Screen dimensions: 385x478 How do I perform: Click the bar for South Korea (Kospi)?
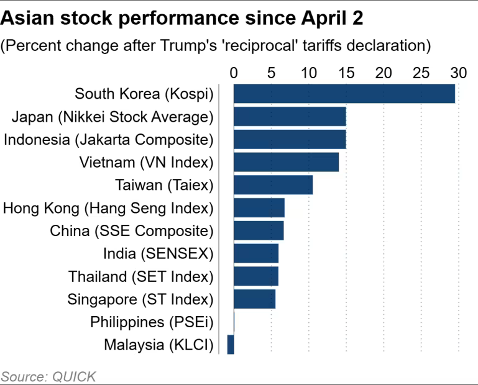tap(344, 94)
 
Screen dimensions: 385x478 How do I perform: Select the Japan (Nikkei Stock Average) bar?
tap(290, 117)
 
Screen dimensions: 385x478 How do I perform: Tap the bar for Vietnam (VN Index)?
tap(286, 162)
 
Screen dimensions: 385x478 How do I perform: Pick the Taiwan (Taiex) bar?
tap(273, 185)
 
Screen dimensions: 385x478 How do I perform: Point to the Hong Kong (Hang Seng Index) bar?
tap(259, 208)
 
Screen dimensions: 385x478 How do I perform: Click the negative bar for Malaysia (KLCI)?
tap(231, 345)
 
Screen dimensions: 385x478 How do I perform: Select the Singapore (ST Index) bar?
tap(254, 299)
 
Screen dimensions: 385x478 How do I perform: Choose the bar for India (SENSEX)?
tap(255, 253)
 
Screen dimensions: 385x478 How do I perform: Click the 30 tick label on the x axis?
tap(458, 73)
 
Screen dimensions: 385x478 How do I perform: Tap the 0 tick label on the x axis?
tap(234, 73)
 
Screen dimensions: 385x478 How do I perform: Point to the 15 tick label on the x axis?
tap(346, 73)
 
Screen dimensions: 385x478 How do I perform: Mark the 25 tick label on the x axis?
tap(421, 73)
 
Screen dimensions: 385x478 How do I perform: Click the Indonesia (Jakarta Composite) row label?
tap(108, 140)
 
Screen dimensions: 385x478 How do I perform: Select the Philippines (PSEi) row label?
tap(152, 322)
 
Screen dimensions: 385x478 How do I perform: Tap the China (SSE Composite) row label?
tap(132, 231)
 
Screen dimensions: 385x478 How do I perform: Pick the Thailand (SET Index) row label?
tap(140, 276)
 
